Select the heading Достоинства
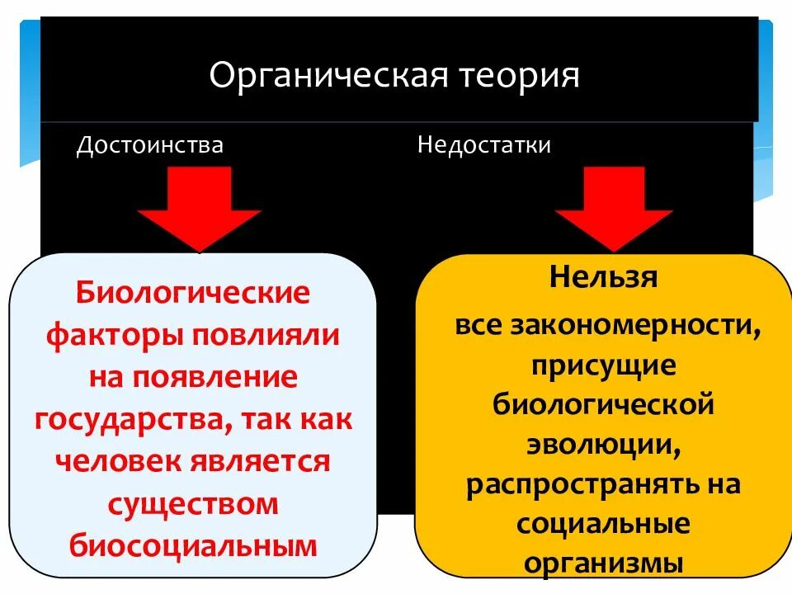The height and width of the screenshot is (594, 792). point(149,145)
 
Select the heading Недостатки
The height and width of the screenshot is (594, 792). point(484,145)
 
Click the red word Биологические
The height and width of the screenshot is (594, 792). point(193,292)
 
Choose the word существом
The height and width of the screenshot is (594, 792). point(193,504)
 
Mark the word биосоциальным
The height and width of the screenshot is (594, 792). point(193,545)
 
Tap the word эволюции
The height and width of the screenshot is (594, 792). point(603,445)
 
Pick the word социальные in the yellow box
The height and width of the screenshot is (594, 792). point(603,524)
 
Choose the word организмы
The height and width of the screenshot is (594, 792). point(603,563)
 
